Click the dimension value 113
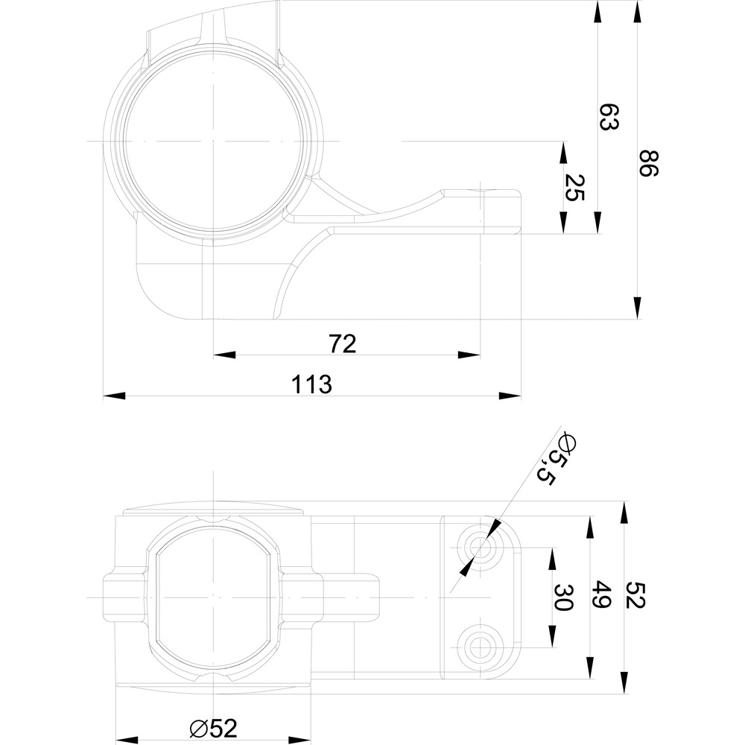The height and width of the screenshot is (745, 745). [x=311, y=384]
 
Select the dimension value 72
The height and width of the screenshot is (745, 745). [x=343, y=343]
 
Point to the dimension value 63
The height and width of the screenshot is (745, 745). [x=609, y=118]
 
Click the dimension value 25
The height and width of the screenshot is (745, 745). [x=574, y=188]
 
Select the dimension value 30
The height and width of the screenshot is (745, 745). [x=562, y=597]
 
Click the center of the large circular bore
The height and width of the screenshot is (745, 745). [x=213, y=141]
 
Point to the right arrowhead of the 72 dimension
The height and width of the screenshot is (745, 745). [x=470, y=355]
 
